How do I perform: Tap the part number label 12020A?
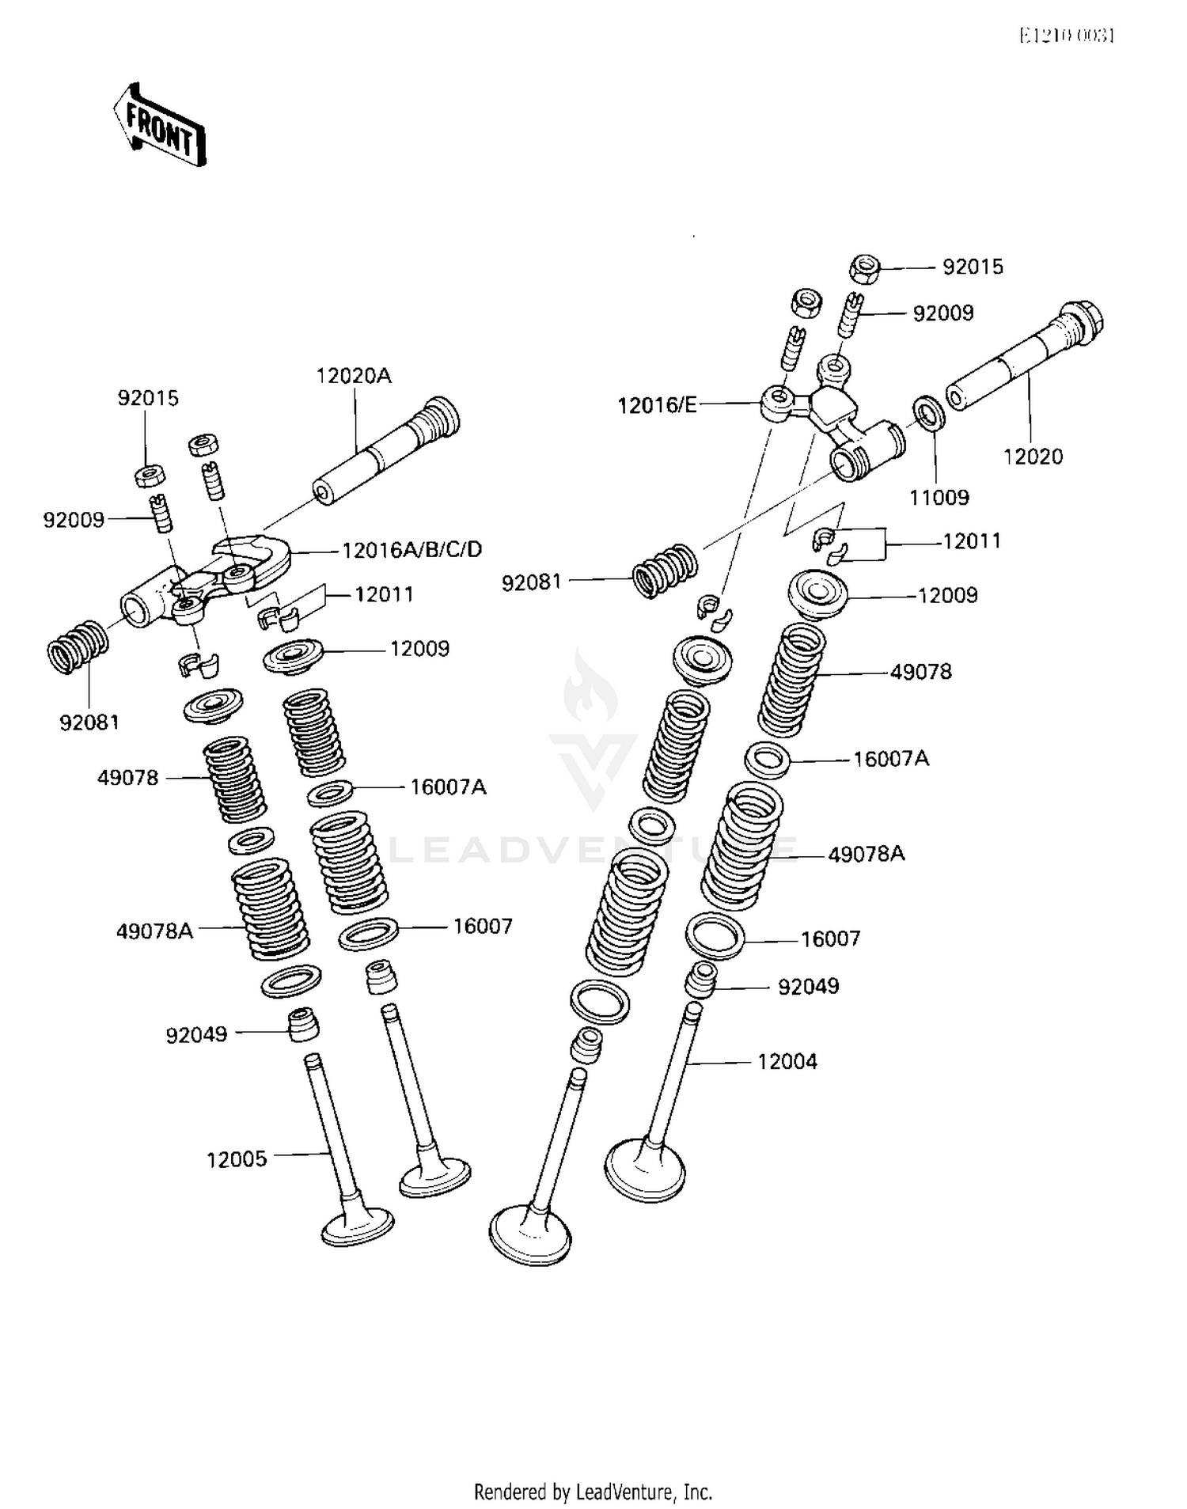coord(354,376)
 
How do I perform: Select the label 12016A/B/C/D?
coord(411,549)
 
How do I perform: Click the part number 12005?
coord(237,1159)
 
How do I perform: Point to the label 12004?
coord(787,1061)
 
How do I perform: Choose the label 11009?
coord(939,498)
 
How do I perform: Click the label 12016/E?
coord(658,405)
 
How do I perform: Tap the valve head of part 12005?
coord(358,1226)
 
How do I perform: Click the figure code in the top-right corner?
coord(1066,36)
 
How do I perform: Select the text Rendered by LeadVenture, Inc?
coord(593,1492)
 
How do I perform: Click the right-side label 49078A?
coord(867,854)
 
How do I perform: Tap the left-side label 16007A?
coord(448,787)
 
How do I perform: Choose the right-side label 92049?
coord(808,987)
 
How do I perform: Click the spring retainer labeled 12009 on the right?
coord(817,594)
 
